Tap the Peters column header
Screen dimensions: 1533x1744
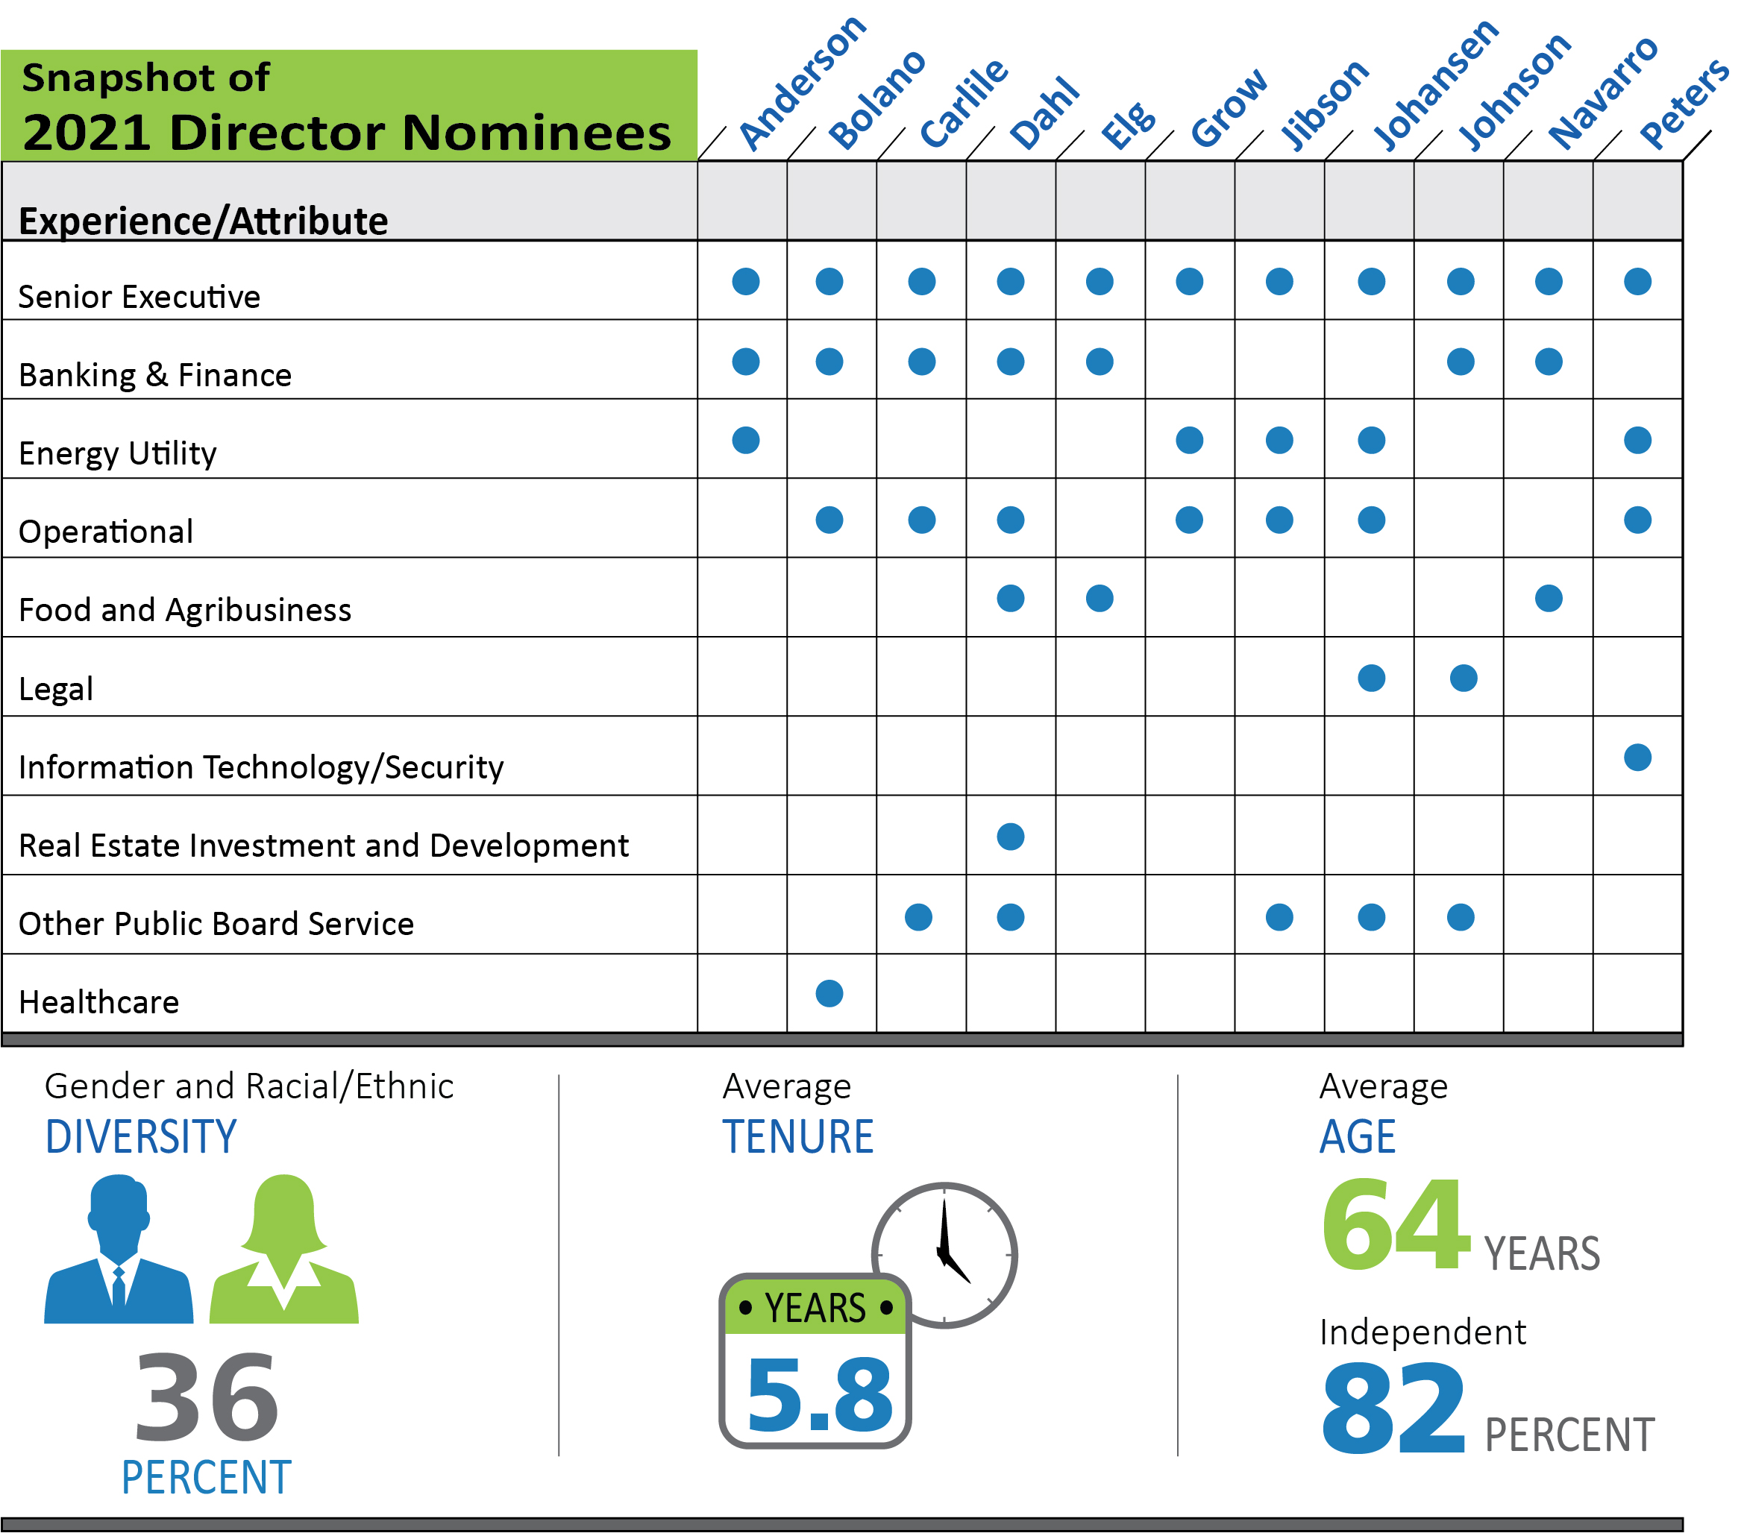pos(1684,104)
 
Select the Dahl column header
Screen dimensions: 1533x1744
pos(1044,113)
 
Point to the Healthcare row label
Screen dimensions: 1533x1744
pos(99,1002)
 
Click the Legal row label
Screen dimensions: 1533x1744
pos(55,689)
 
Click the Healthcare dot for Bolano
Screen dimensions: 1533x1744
pos(829,994)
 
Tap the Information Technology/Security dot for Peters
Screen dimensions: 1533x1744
pos(1637,758)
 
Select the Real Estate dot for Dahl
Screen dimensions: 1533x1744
pos(1010,837)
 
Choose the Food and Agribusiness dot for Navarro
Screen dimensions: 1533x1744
pos(1549,599)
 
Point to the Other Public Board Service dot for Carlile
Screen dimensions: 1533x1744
pos(919,918)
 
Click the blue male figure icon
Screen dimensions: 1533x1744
pos(119,1250)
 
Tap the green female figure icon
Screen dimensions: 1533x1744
pos(284,1250)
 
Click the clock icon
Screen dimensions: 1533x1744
pos(944,1255)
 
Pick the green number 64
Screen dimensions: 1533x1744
pos(1396,1225)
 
